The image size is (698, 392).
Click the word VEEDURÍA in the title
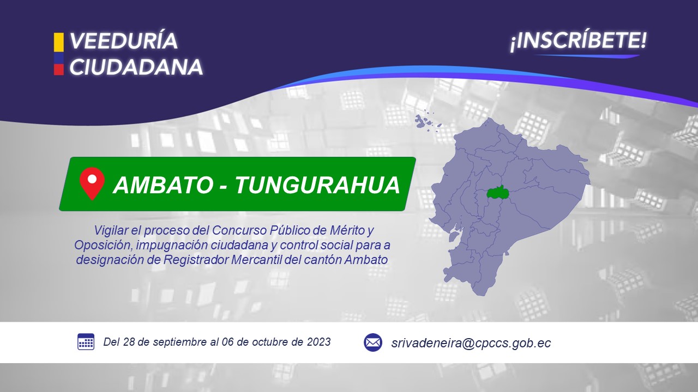tap(124, 41)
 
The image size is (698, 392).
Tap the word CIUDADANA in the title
tap(136, 67)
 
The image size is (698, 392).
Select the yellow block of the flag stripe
tap(58, 42)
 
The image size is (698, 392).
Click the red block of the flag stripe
tap(58, 69)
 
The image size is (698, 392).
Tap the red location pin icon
tap(92, 183)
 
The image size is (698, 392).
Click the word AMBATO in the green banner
tap(163, 185)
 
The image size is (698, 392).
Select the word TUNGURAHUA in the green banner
tap(317, 185)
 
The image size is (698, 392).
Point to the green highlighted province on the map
tap(498, 193)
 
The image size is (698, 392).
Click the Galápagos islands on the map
tap(427, 122)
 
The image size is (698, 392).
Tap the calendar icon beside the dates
tap(86, 341)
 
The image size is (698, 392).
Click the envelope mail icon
tap(373, 342)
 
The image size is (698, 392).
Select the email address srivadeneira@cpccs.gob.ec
tap(471, 343)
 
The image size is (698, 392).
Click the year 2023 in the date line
tap(319, 342)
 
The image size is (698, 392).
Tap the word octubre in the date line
tap(270, 342)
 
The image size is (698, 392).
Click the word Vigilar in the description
tap(111, 230)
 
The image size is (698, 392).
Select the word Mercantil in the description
tap(256, 260)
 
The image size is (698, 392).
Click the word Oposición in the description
tap(103, 245)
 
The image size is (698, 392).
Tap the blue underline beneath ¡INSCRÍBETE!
tap(587, 56)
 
